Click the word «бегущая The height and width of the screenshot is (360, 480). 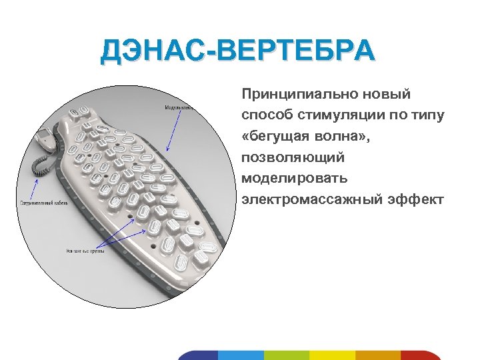point(277,137)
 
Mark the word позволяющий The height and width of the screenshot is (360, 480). point(293,158)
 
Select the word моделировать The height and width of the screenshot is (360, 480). point(292,179)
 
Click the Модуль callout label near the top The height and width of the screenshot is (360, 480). point(178,107)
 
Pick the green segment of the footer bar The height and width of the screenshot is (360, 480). point(287,355)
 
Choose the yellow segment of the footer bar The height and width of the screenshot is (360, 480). point(332,355)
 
